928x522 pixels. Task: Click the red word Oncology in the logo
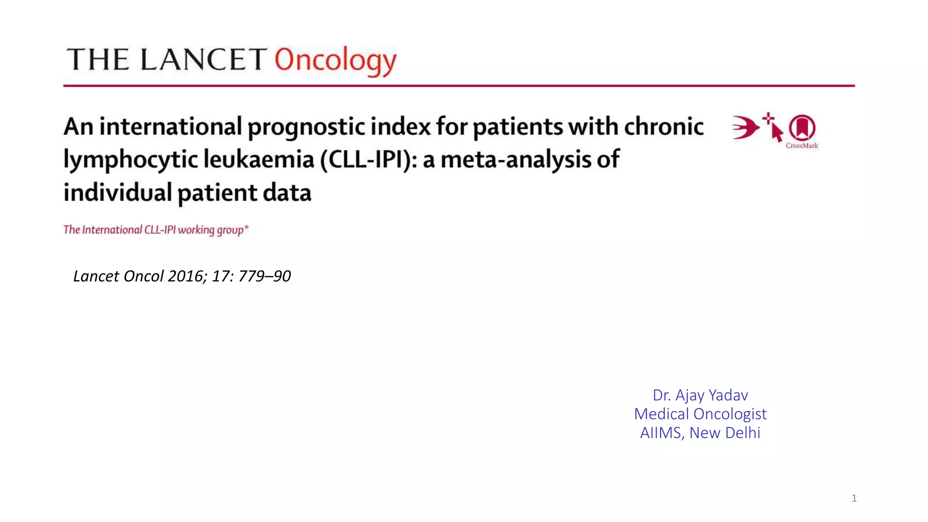tap(335, 60)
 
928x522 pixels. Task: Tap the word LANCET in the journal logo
tap(203, 60)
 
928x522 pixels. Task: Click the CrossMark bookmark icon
tap(802, 128)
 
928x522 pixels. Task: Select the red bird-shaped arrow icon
tap(745, 127)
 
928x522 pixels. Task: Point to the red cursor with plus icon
tap(773, 127)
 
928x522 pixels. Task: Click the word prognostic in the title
tap(306, 127)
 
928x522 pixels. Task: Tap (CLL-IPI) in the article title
tap(368, 159)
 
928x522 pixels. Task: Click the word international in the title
tap(170, 126)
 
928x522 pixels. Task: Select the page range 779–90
tap(265, 276)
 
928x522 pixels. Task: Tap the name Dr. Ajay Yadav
tap(700, 395)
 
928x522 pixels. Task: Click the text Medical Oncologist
tap(700, 414)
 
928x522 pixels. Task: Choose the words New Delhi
tap(725, 433)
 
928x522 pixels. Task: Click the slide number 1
tap(854, 498)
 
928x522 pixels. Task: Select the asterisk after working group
tap(246, 227)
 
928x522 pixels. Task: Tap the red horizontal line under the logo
tap(459, 85)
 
